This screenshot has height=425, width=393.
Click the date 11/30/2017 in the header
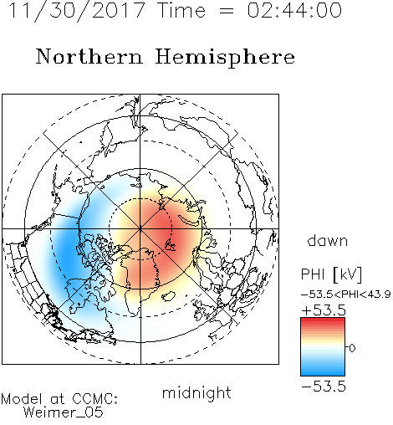(x=77, y=11)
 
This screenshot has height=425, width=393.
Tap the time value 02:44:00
(x=294, y=10)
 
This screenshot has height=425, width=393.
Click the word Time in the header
(x=181, y=10)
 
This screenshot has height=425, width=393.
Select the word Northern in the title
(x=89, y=57)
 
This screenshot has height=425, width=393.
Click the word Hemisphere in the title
(x=225, y=58)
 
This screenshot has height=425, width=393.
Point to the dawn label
(x=328, y=240)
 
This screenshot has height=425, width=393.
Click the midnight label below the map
(x=196, y=393)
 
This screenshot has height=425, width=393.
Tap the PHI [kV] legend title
(x=332, y=274)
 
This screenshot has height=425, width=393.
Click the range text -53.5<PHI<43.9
(x=346, y=294)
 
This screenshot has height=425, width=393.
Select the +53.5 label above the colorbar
(x=324, y=310)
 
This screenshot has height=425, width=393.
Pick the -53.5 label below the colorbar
(x=324, y=387)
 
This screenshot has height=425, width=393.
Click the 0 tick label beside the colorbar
(x=352, y=348)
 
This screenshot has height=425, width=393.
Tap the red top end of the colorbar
(x=323, y=320)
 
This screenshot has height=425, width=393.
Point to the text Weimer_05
(x=64, y=412)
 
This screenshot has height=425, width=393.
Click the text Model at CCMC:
(x=59, y=399)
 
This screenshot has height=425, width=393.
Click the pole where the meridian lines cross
(x=140, y=229)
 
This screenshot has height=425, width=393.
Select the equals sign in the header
(x=227, y=11)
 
